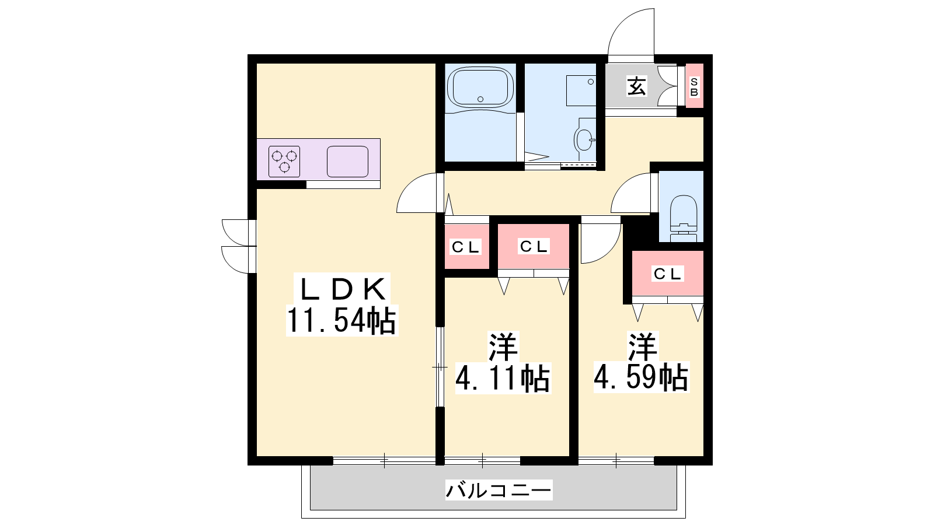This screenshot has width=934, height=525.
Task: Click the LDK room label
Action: tap(342, 289)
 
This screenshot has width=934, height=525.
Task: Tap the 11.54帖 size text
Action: tap(342, 320)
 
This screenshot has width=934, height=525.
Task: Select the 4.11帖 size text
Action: tap(503, 378)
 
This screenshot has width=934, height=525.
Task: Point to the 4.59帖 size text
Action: tap(642, 378)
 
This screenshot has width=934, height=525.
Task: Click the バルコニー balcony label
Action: tap(499, 489)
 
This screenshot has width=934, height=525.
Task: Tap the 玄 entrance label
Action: tap(637, 86)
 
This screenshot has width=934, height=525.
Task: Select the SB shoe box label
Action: tap(694, 87)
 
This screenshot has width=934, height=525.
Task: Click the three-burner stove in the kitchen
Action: tap(284, 161)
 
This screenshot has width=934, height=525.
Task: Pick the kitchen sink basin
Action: tap(347, 161)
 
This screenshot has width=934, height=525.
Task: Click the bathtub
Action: tap(480, 87)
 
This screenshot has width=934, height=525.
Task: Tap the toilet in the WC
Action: tap(684, 219)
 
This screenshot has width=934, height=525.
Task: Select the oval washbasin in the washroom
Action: tap(584, 139)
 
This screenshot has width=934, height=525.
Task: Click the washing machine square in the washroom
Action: tap(581, 90)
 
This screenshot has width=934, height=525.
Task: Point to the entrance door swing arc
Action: tap(621, 23)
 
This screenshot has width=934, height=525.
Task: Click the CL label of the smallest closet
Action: tap(466, 247)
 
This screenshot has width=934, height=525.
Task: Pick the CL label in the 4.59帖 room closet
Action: tap(668, 274)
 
